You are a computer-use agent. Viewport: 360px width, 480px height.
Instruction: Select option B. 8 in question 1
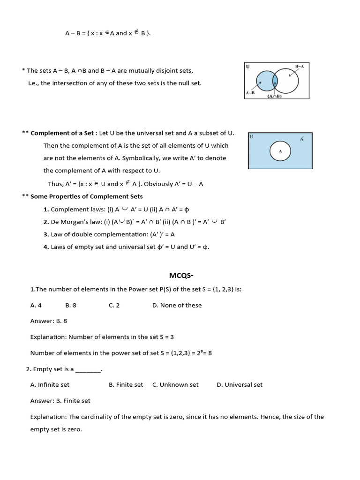(x=71, y=305)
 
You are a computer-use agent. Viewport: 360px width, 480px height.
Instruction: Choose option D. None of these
(x=177, y=305)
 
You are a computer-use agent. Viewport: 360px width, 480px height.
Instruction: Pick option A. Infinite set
(x=50, y=385)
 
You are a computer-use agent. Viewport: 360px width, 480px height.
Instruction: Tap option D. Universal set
(x=239, y=385)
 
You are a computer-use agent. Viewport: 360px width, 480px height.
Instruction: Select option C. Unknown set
(x=175, y=385)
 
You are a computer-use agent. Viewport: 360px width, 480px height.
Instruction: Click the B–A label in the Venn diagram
(x=300, y=67)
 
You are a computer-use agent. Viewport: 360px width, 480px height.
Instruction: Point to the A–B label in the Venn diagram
(x=250, y=93)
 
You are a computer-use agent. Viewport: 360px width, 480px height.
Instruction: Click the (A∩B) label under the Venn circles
(x=274, y=96)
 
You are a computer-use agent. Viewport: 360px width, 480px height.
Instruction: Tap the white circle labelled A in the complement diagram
(x=280, y=151)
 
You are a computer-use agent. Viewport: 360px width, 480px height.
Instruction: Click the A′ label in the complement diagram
(x=302, y=139)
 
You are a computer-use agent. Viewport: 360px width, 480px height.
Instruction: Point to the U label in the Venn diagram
(x=247, y=67)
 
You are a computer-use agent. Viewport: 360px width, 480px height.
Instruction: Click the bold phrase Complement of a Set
(x=64, y=133)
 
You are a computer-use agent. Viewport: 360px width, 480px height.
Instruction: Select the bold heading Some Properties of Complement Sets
(x=87, y=196)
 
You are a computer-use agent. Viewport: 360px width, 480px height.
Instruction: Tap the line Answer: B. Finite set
(x=60, y=401)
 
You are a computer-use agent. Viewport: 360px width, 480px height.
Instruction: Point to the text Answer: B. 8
(x=48, y=321)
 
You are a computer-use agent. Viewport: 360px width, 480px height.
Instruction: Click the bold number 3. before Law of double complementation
(x=46, y=234)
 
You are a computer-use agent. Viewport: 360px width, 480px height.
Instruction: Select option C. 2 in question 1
(x=114, y=305)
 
